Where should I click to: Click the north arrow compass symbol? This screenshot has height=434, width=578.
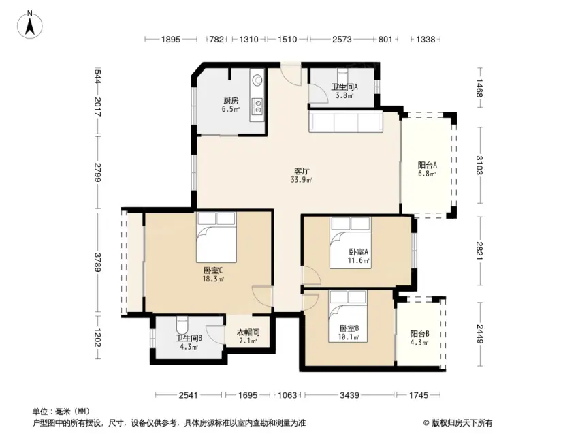(30, 25)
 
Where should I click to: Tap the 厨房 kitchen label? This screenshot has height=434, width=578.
(231, 100)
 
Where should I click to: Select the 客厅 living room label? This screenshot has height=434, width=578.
(302, 171)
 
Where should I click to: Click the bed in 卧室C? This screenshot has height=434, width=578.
(216, 237)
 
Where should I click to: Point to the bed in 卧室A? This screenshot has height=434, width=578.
(351, 242)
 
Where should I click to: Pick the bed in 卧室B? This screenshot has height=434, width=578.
(348, 316)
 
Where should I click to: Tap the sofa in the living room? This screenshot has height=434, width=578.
(346, 121)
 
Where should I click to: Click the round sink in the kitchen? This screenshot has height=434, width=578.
(257, 79)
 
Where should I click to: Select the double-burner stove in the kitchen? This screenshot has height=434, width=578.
(257, 106)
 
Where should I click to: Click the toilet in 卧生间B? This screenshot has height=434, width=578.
(182, 324)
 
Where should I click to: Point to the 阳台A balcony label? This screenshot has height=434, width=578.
(428, 165)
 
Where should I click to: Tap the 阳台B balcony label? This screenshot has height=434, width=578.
(419, 334)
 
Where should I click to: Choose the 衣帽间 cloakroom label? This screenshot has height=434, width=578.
(248, 332)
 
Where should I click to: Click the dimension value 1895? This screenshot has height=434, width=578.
(171, 39)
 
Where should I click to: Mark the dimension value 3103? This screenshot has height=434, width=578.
(479, 165)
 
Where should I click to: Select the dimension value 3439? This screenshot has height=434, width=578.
(349, 395)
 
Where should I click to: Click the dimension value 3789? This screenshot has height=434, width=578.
(97, 262)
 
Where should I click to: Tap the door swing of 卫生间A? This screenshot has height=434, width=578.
(318, 93)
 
